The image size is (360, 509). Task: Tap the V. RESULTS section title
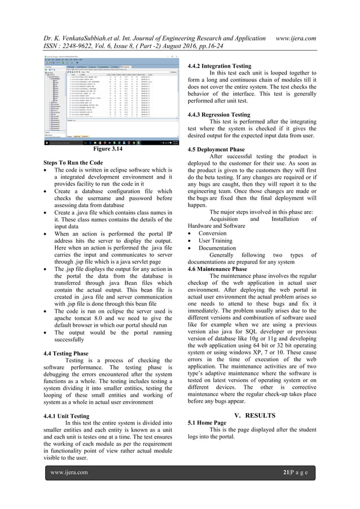pos(254,415)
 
